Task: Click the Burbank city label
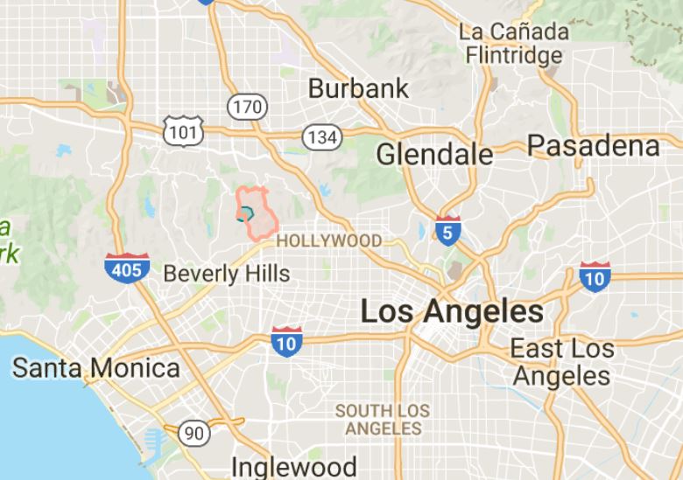(358, 88)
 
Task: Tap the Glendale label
(434, 155)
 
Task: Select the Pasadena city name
(593, 145)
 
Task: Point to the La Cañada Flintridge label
(513, 44)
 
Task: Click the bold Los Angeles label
(452, 311)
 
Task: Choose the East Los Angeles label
(562, 362)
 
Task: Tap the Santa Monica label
(95, 367)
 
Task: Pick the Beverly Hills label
(226, 273)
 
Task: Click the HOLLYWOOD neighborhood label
(328, 240)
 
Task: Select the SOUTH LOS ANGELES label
(383, 420)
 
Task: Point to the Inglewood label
(294, 465)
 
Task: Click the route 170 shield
(245, 108)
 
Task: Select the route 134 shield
(321, 136)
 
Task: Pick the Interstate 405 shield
(126, 268)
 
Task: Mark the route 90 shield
(194, 432)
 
